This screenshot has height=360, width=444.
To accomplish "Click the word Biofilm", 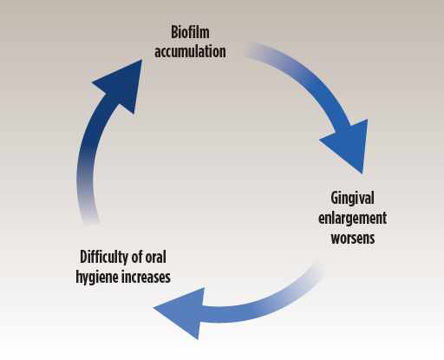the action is [x=190, y=32].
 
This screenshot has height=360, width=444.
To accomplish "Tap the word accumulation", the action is [x=190, y=51].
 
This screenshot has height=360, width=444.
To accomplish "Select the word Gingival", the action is [x=352, y=199].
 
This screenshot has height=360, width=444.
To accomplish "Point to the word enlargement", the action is [x=352, y=219].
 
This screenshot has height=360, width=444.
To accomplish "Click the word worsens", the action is [x=353, y=239].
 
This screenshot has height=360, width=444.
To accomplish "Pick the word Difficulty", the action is [x=104, y=258].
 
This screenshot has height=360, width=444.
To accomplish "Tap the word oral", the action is [x=155, y=257].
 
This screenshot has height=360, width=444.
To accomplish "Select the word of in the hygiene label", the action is [x=137, y=257].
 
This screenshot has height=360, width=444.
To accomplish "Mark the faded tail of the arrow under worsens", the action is [x=317, y=269].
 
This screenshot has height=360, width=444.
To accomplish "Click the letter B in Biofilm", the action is [x=174, y=32].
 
